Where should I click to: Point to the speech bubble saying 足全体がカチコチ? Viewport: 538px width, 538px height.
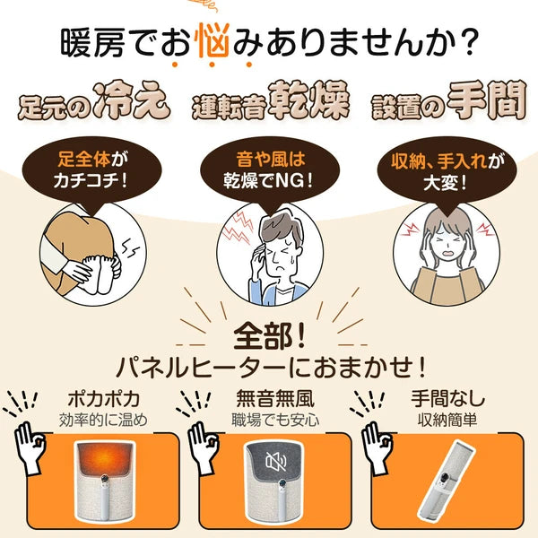tap(91, 170)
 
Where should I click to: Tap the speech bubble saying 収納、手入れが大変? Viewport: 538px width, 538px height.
tap(446, 170)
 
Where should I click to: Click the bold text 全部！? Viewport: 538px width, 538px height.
tap(268, 336)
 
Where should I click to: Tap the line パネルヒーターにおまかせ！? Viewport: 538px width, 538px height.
tap(268, 369)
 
